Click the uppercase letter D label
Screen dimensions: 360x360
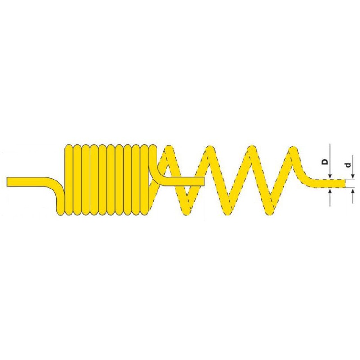coord(324,162)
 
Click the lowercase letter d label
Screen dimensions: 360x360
coord(348,165)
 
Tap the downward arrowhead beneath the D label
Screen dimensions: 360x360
coord(330,176)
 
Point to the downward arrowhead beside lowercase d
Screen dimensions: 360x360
coord(353,176)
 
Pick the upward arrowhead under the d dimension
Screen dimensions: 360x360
coord(353,190)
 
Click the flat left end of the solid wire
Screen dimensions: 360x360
coord(7,182)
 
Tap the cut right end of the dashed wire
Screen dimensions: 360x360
coord(345,184)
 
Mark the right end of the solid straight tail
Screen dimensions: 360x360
coord(204,181)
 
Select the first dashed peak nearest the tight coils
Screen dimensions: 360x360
coord(169,147)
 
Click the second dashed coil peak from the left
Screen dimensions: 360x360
coord(210,147)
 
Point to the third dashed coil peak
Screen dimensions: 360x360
coord(252,147)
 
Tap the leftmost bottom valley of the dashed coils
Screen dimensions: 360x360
coord(187,213)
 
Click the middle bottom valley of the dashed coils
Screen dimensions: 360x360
coord(228,213)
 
